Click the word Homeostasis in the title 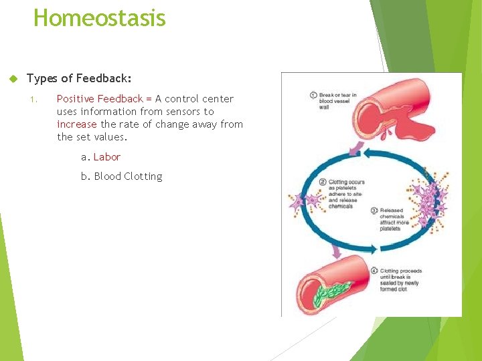pyautogui.click(x=99, y=17)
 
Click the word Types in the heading pyautogui.click(x=42, y=79)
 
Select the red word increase pyautogui.click(x=77, y=124)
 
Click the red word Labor pyautogui.click(x=107, y=157)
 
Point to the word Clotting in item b pyautogui.click(x=143, y=176)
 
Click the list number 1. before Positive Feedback pyautogui.click(x=34, y=100)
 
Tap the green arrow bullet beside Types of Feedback pyautogui.click(x=11, y=79)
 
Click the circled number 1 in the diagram pyautogui.click(x=313, y=95)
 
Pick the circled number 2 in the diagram pyautogui.click(x=323, y=182)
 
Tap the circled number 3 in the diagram pyautogui.click(x=375, y=211)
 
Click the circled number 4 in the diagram pyautogui.click(x=375, y=271)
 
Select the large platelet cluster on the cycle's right pyautogui.click(x=428, y=201)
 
